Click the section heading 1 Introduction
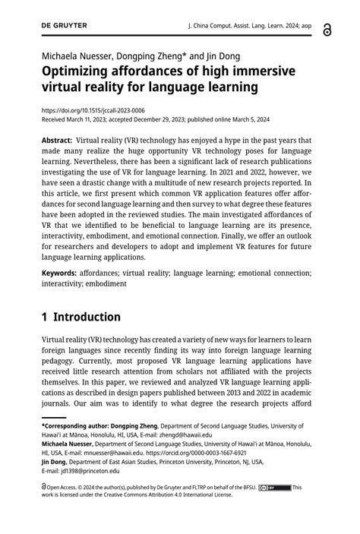coord(81,317)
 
